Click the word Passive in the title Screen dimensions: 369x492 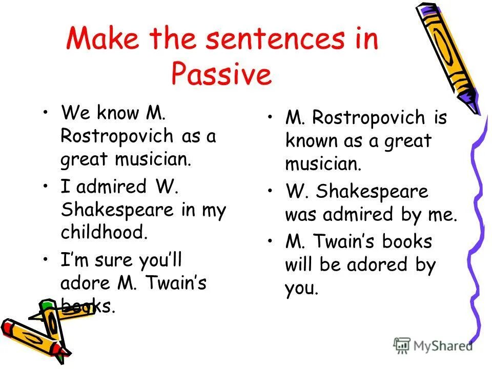click(x=221, y=75)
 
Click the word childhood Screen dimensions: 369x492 click(x=104, y=232)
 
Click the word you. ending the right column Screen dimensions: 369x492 click(x=301, y=289)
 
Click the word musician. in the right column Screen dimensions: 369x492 click(x=323, y=164)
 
